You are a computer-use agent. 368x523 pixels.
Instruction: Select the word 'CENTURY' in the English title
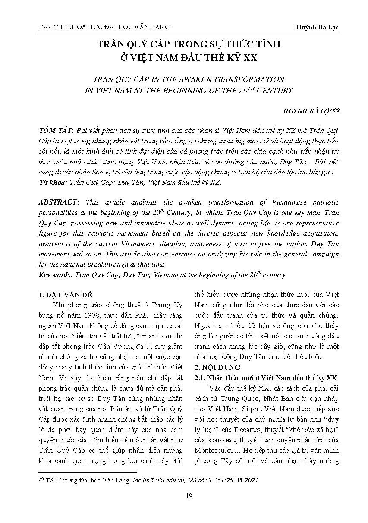[x=275, y=91]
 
